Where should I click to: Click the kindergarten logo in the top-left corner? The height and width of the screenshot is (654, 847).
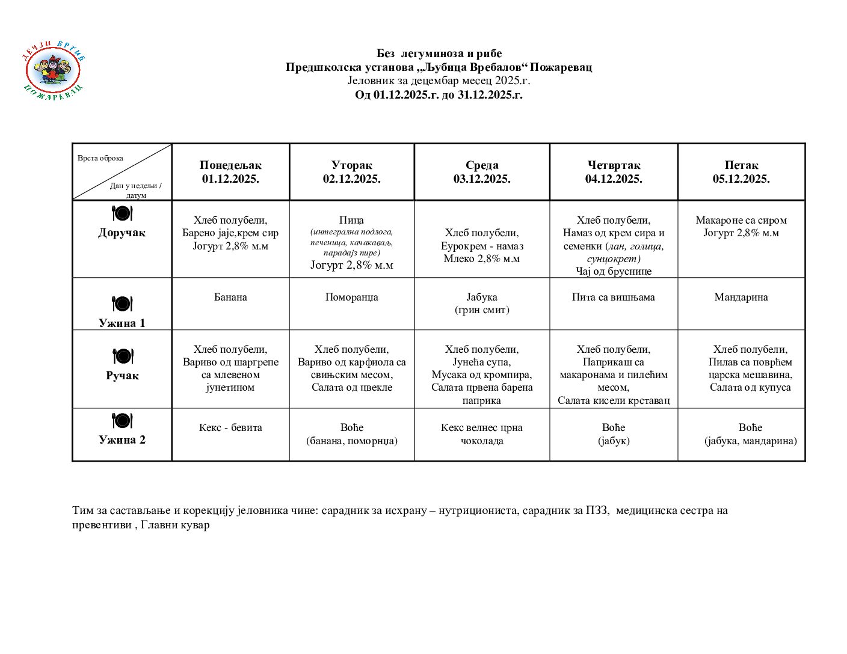(54, 70)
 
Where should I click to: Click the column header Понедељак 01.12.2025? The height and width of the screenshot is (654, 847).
(230, 172)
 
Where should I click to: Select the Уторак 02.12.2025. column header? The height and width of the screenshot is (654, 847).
(351, 172)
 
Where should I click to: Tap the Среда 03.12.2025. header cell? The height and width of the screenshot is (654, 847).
(482, 172)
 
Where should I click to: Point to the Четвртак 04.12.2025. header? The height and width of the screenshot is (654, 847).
(614, 172)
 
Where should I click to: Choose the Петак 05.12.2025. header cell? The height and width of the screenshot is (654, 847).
(741, 172)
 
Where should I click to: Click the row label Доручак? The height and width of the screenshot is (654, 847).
(122, 233)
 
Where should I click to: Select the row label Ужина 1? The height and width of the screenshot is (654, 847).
(122, 323)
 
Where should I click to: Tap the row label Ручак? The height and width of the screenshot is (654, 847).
(122, 376)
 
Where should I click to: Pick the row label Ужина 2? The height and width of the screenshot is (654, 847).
(122, 439)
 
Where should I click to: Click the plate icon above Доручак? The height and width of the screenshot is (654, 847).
(122, 213)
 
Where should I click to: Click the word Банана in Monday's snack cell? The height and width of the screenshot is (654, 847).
(230, 297)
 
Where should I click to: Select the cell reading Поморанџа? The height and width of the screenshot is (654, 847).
(351, 297)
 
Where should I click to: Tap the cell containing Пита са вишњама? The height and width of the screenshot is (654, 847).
(614, 297)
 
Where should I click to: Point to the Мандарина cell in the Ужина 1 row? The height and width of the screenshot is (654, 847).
(741, 297)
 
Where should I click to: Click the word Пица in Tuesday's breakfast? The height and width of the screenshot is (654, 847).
(351, 220)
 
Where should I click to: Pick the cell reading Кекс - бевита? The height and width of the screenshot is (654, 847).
(230, 427)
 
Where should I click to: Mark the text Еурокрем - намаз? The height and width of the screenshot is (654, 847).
(482, 246)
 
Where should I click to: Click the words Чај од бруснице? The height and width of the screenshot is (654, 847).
(614, 271)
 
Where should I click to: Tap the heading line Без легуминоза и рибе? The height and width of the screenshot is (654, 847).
(439, 53)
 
